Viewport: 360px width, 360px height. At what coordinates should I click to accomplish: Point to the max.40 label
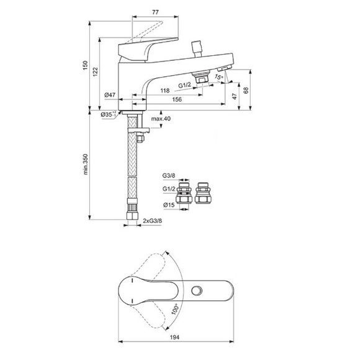click(160, 119)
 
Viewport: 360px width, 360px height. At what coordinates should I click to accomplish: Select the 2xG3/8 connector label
click(153, 221)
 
